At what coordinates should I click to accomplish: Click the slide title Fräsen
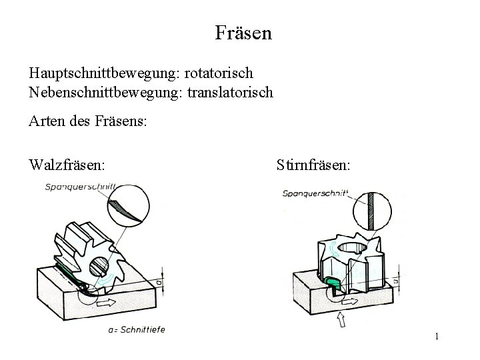243,33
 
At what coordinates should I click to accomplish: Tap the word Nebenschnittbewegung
99,92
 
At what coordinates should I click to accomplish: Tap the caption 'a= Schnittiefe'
135,329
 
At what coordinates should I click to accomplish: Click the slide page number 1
436,337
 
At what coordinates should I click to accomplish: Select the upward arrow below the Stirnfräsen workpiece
342,322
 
